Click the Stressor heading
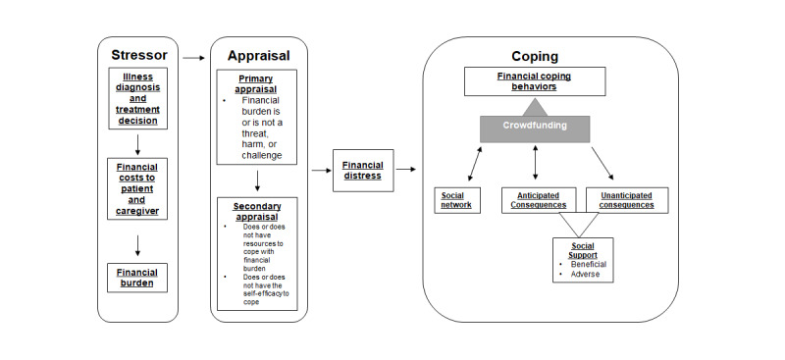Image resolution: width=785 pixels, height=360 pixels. tap(138, 54)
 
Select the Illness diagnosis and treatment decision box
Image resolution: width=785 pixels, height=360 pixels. tap(138, 99)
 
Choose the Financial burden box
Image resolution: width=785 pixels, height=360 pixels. tap(138, 277)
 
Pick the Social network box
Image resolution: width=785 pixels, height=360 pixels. tap(457, 199)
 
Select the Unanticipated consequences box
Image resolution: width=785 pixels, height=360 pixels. tap(626, 199)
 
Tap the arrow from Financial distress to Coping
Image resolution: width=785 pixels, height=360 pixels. tap(405, 169)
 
